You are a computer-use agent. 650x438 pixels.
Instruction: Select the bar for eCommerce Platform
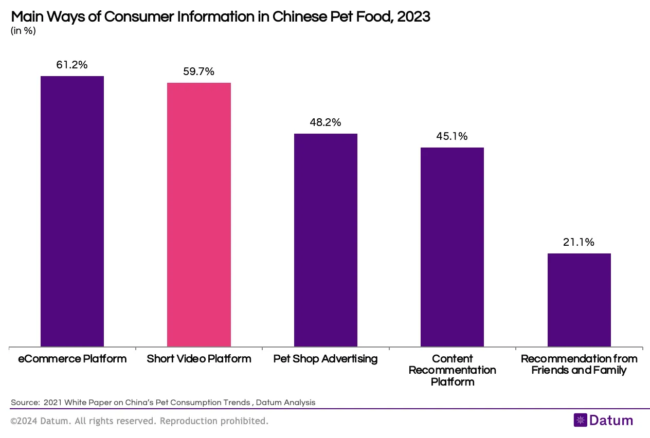[72, 211]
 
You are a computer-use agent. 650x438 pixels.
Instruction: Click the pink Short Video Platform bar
[199, 214]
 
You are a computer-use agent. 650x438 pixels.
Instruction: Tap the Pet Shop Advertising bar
[326, 240]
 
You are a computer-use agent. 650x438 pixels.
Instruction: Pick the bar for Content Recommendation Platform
[452, 247]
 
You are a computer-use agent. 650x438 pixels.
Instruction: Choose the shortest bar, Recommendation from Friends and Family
[579, 300]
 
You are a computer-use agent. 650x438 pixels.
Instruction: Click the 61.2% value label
[72, 65]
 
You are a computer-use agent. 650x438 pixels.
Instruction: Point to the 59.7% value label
[198, 72]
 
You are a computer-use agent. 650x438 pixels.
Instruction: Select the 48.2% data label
[326, 122]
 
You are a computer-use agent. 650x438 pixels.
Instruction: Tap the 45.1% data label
[452, 136]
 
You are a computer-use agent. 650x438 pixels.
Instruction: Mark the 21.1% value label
[579, 242]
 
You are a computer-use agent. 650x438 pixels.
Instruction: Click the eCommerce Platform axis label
[72, 359]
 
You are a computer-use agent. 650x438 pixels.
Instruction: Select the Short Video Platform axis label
[199, 359]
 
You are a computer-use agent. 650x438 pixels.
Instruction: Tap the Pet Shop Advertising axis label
[326, 359]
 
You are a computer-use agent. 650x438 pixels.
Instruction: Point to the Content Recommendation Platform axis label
[452, 370]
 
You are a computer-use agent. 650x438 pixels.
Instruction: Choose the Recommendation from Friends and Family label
[579, 364]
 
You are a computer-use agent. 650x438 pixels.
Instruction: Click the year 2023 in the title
[413, 16]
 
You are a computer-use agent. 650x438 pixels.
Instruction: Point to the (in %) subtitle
[23, 31]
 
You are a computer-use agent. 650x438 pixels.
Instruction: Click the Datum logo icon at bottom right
[580, 420]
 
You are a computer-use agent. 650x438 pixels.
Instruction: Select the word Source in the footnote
[24, 403]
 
